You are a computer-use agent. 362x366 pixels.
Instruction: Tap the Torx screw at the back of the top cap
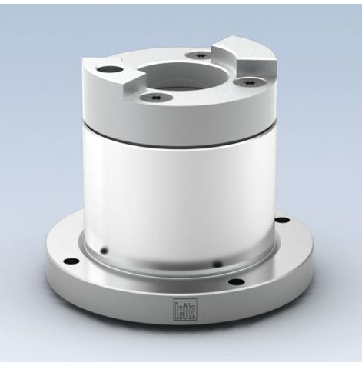(x=198, y=55)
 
